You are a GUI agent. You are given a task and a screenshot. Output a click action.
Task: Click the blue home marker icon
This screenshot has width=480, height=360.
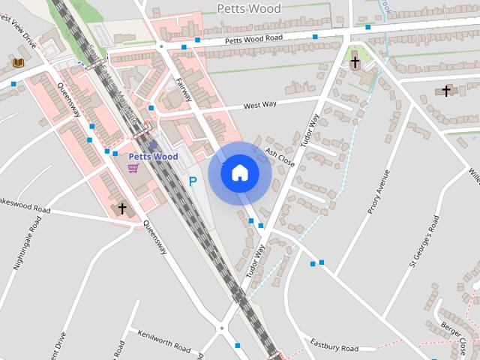[240, 173]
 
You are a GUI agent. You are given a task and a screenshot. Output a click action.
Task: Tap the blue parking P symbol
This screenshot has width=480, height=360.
[193, 181]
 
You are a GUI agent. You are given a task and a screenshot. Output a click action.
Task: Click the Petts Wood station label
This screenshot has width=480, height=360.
[153, 157]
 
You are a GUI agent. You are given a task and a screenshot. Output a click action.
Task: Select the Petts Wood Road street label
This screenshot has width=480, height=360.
[253, 39]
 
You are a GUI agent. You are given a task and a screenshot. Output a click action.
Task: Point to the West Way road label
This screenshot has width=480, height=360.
[260, 105]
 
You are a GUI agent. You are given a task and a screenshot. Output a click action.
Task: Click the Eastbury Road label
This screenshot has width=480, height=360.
[334, 345]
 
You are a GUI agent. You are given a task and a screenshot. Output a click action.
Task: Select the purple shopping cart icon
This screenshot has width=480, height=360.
[133, 168]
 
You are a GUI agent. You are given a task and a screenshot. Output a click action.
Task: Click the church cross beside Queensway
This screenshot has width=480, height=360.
[122, 208]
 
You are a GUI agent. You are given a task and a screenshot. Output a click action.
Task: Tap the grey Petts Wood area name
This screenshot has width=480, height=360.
[248, 9]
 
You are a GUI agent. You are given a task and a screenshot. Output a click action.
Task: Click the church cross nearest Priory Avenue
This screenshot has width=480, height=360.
[355, 62]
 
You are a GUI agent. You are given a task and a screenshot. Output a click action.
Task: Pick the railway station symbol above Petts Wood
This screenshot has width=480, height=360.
[153, 145]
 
